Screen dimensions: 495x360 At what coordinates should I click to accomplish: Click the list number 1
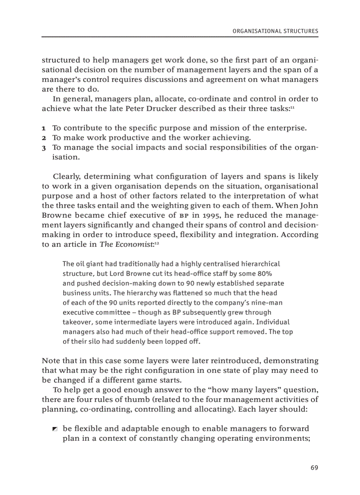click(44, 128)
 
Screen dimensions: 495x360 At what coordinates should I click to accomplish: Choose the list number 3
click(44, 148)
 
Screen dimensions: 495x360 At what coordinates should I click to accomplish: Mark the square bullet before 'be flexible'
click(54, 429)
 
